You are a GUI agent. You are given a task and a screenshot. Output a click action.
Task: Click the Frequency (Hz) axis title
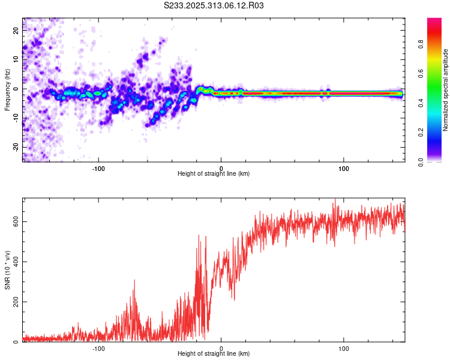[7, 89]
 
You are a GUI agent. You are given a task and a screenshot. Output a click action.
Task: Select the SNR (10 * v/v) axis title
[7, 269]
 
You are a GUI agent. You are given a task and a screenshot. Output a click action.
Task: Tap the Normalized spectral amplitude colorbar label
[446, 90]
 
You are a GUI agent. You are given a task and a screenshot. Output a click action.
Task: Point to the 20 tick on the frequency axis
[16, 29]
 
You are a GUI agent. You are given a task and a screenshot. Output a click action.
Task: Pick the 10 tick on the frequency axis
[16, 59]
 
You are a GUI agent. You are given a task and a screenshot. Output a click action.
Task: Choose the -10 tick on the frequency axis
[16, 118]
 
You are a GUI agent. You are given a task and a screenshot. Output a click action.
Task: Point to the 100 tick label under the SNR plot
[344, 348]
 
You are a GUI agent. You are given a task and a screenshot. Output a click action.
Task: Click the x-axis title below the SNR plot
[214, 354]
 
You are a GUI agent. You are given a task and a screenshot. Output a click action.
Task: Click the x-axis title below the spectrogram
[214, 173]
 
